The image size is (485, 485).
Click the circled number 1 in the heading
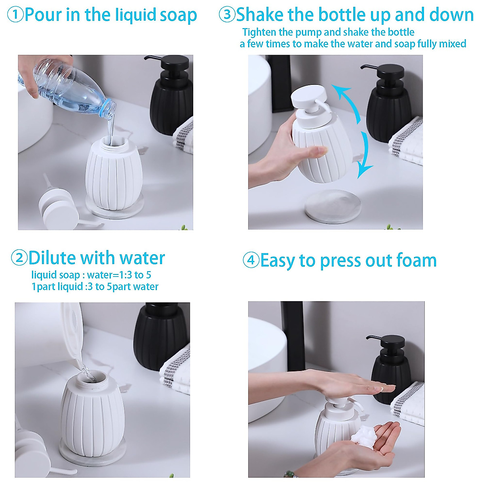tap(15, 15)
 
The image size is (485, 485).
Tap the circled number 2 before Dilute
tap(19, 258)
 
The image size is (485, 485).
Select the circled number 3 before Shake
tap(227, 15)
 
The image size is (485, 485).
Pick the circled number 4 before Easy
tap(251, 260)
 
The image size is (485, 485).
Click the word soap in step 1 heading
tap(178, 15)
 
